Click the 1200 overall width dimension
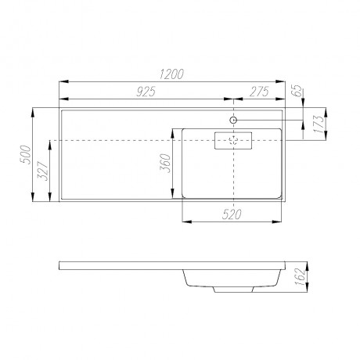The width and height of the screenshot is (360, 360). click(x=171, y=74)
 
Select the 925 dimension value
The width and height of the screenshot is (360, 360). click(x=146, y=92)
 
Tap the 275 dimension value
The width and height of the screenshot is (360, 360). click(x=259, y=92)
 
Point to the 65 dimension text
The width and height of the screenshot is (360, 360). click(x=298, y=91)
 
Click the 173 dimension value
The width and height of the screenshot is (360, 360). click(x=319, y=124)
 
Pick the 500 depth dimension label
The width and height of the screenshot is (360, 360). click(x=26, y=154)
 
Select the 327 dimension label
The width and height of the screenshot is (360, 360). click(x=43, y=171)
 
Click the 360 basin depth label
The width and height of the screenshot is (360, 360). click(x=165, y=164)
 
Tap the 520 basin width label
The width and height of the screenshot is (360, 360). click(x=232, y=214)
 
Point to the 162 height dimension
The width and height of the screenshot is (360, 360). click(x=301, y=277)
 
